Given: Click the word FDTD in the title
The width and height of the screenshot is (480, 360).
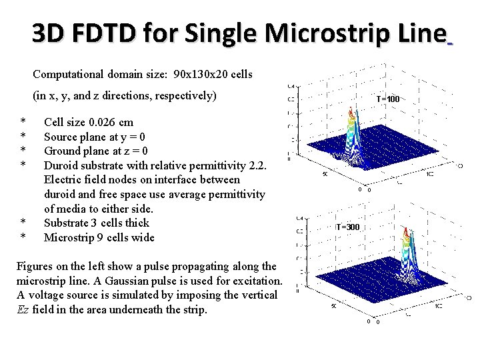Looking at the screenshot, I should point(97,32).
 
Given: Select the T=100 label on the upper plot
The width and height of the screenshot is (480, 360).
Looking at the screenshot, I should point(387,99).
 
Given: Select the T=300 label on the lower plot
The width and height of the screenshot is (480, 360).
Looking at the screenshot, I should point(347,227).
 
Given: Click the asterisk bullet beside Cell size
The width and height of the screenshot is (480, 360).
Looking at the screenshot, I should point(23,122).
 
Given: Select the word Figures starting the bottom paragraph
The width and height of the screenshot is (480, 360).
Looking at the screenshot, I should point(34,266).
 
